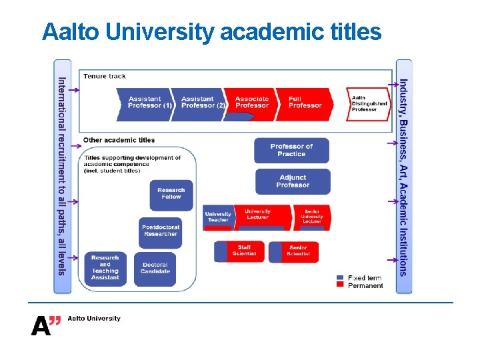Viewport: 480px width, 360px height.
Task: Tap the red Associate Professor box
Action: click(252, 103)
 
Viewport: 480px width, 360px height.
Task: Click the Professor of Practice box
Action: click(292, 150)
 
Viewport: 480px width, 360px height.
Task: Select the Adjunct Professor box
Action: click(293, 181)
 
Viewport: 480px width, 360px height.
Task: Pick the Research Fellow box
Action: click(171, 194)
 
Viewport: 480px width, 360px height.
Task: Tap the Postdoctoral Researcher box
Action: click(160, 231)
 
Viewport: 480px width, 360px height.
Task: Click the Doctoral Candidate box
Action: click(155, 268)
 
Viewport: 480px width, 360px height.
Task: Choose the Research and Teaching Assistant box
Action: click(105, 268)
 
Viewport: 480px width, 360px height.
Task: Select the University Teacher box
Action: click(218, 217)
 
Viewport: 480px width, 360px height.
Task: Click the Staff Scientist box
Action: click(239, 251)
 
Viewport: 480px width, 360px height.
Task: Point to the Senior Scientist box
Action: click(294, 251)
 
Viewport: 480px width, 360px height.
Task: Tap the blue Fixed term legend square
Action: click(340, 277)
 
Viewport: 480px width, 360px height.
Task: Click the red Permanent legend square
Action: click(340, 285)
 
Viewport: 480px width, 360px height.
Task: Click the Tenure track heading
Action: click(105, 76)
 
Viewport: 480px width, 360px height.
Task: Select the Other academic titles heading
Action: click(119, 140)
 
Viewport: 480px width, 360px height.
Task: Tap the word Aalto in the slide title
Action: click(65, 31)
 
